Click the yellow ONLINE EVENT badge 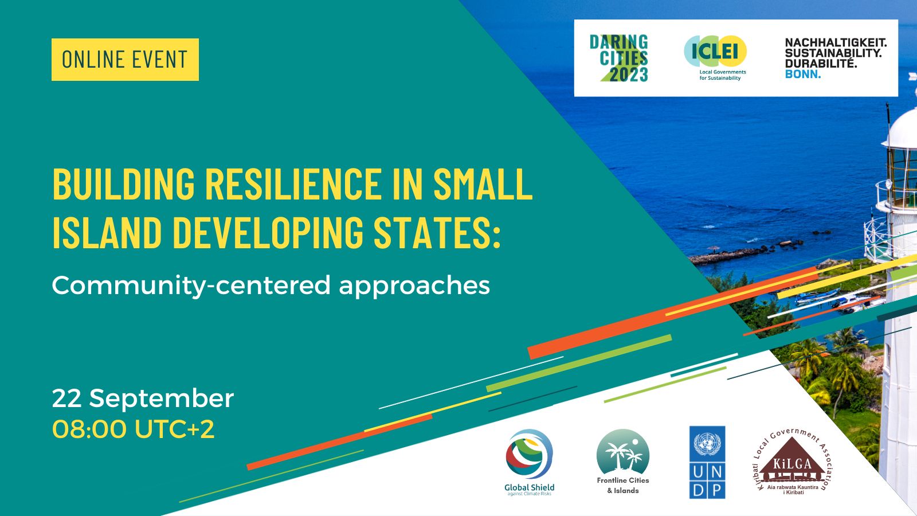click(125, 60)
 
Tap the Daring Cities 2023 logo click(619, 58)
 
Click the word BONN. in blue click(802, 75)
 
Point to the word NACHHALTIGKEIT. click(835, 42)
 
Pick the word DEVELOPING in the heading click(268, 232)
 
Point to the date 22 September click(143, 398)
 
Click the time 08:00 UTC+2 click(133, 429)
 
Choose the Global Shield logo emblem click(529, 454)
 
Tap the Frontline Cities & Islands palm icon click(622, 452)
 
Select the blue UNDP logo click(707, 462)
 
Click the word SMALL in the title click(483, 183)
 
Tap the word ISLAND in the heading click(107, 232)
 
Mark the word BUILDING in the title click(123, 183)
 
